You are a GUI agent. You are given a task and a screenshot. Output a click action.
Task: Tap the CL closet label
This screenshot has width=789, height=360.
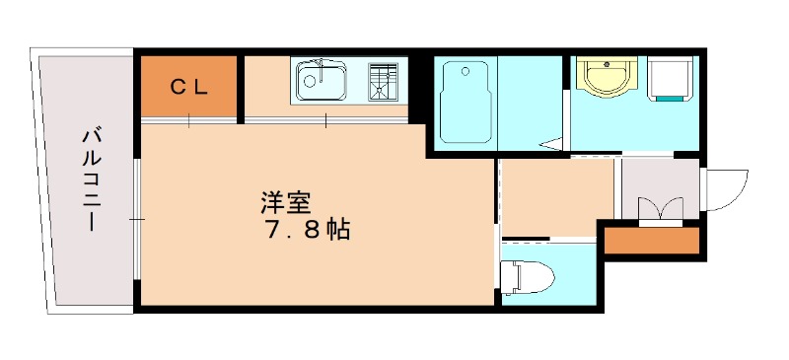[188, 87]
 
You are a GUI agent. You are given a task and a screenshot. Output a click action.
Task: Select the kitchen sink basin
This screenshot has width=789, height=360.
[321, 80]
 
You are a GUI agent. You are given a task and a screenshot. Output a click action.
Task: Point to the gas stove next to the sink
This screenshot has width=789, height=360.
[386, 81]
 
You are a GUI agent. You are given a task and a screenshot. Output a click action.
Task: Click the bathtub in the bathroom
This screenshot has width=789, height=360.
[466, 100]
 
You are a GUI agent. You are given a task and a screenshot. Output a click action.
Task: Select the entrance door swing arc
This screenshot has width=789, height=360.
[725, 187]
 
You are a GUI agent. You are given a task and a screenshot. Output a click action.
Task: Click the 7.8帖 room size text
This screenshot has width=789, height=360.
[306, 233]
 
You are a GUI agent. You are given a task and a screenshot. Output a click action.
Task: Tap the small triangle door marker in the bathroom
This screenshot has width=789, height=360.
[551, 146]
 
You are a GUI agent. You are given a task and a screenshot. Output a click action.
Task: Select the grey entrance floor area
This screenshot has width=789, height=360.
[658, 182]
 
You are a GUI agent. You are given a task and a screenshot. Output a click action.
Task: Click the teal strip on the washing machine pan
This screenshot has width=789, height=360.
[671, 98]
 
